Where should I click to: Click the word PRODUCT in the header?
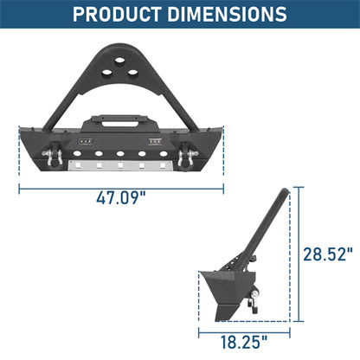pos(122,15)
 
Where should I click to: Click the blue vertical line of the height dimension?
pos(299,254)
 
